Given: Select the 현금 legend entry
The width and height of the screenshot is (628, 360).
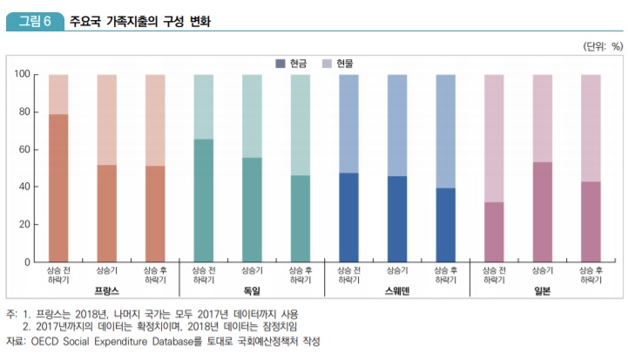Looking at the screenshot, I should tap(294, 64).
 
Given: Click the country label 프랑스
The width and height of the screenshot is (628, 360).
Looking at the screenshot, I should tap(106, 290).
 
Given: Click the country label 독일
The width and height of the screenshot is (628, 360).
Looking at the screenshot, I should tap(252, 290).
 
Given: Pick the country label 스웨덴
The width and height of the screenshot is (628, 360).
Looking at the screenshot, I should tap(396, 290).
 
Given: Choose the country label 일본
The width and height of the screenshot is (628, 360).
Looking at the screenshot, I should tap(542, 290).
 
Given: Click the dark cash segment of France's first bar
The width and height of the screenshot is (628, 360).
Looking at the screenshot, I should tap(58, 187).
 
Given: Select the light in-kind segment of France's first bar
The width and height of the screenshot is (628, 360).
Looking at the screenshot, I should tap(58, 94).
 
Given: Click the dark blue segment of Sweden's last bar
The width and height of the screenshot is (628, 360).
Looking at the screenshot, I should tap(445, 225).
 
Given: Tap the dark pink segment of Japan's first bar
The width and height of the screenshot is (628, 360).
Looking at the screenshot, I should tap(494, 232).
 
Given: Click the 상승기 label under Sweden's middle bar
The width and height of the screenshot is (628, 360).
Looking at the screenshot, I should tap(397, 271).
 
